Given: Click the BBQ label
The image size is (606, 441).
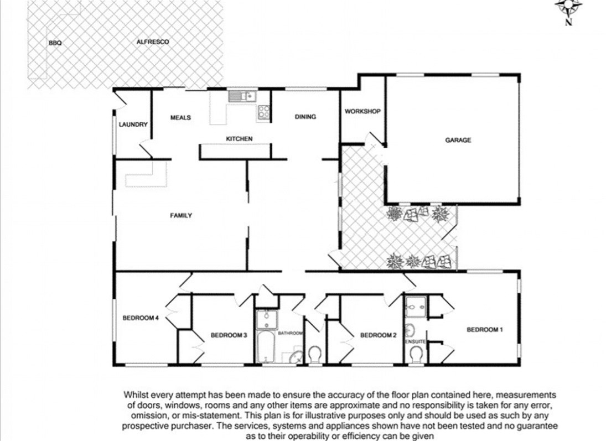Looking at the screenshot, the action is (55, 43).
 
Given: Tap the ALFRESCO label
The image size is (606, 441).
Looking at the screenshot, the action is (153, 41).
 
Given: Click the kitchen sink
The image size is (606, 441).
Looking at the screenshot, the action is (242, 95).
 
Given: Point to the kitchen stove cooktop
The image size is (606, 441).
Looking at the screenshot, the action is (264, 113).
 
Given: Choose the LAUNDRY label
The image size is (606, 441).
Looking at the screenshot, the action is (133, 124).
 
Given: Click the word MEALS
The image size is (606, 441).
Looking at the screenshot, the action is (180, 117).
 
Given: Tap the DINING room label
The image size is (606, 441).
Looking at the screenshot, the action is (305, 117).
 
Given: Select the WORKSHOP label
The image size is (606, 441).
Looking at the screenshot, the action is (362, 111).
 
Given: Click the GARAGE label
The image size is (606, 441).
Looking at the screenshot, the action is (458, 140).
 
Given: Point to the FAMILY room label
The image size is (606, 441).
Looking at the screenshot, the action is (181, 216).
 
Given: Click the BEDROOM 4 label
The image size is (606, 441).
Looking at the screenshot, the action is (141, 318).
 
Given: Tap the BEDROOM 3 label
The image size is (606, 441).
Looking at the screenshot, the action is (229, 335).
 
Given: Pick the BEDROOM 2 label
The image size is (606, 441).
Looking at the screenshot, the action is (379, 335).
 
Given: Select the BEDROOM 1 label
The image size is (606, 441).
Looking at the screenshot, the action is (485, 330).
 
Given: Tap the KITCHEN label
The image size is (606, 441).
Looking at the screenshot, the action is (239, 139).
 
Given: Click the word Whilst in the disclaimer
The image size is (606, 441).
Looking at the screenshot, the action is (136, 395).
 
